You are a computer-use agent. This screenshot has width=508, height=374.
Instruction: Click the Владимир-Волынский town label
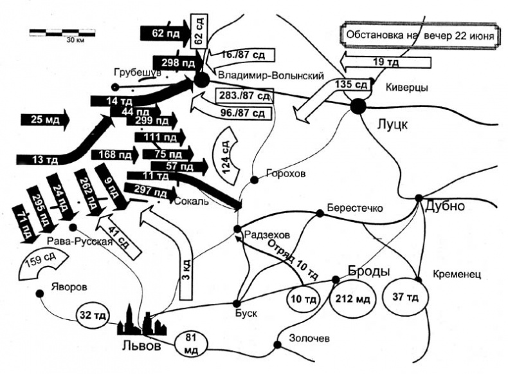click(x=270, y=76)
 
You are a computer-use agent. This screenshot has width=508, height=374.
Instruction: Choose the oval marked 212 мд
click(x=352, y=298)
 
